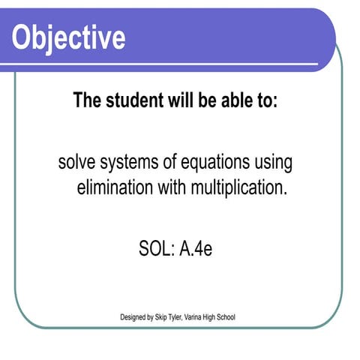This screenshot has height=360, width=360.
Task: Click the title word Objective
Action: (x=69, y=37)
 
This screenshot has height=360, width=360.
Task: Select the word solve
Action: (x=78, y=163)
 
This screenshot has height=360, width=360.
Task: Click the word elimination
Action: (x=113, y=187)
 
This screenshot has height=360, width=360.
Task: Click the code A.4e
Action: (x=196, y=249)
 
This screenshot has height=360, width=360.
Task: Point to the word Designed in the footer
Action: (x=134, y=317)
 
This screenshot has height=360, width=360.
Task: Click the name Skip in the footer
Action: (x=165, y=317)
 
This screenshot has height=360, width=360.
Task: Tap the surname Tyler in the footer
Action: (x=184, y=317)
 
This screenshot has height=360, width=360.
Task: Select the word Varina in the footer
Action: (x=205, y=317)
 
